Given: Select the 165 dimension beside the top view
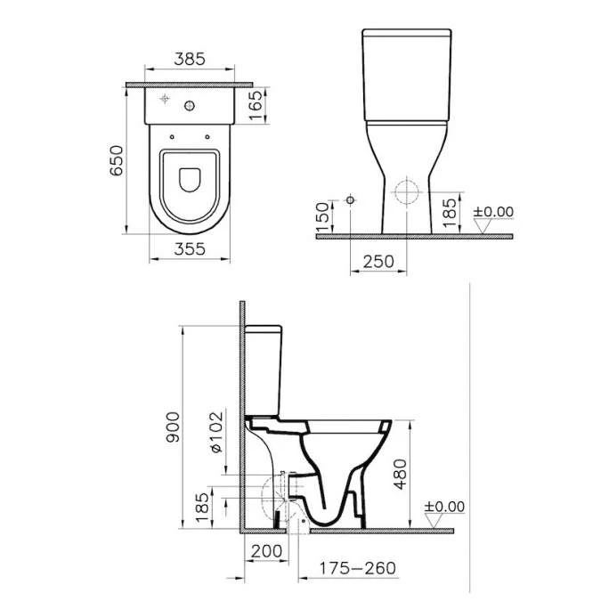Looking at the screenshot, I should (x=255, y=108).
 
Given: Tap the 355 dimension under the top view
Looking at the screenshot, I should (x=189, y=249).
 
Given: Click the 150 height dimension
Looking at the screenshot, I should (x=323, y=215).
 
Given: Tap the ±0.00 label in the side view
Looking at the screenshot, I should (x=444, y=507).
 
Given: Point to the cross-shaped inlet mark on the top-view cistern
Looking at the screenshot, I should (x=166, y=98).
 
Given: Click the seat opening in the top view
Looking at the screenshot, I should (x=189, y=178).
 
